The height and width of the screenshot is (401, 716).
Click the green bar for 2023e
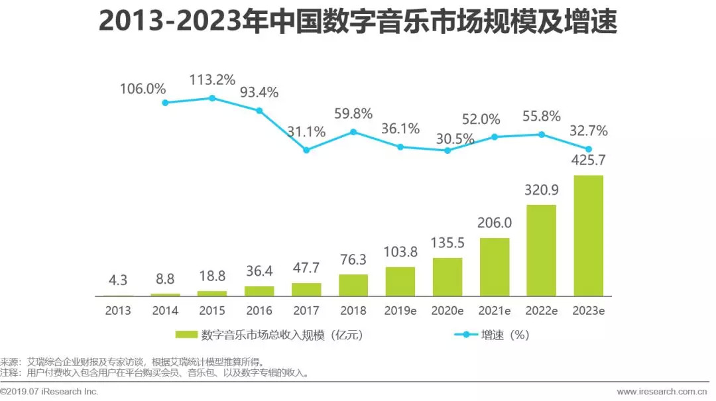pos(588,235)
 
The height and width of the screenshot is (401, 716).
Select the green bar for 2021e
pos(494,266)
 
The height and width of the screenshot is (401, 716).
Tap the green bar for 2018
pos(353,285)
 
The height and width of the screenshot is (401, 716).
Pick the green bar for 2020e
pos(447,276)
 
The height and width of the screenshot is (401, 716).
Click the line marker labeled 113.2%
pos(212,98)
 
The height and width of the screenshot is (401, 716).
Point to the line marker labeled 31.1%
pos(306,150)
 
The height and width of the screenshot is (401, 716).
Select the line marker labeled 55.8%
pos(541,135)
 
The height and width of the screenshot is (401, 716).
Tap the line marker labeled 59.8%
pos(353,132)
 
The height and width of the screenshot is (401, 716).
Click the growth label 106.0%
pos(143,87)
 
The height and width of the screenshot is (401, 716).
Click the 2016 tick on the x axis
pos(259,310)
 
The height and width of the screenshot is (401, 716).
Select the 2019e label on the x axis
pos(400,310)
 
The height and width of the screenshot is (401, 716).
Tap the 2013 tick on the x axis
pos(118,310)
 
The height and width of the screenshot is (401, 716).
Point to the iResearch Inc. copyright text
pos(50,392)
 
